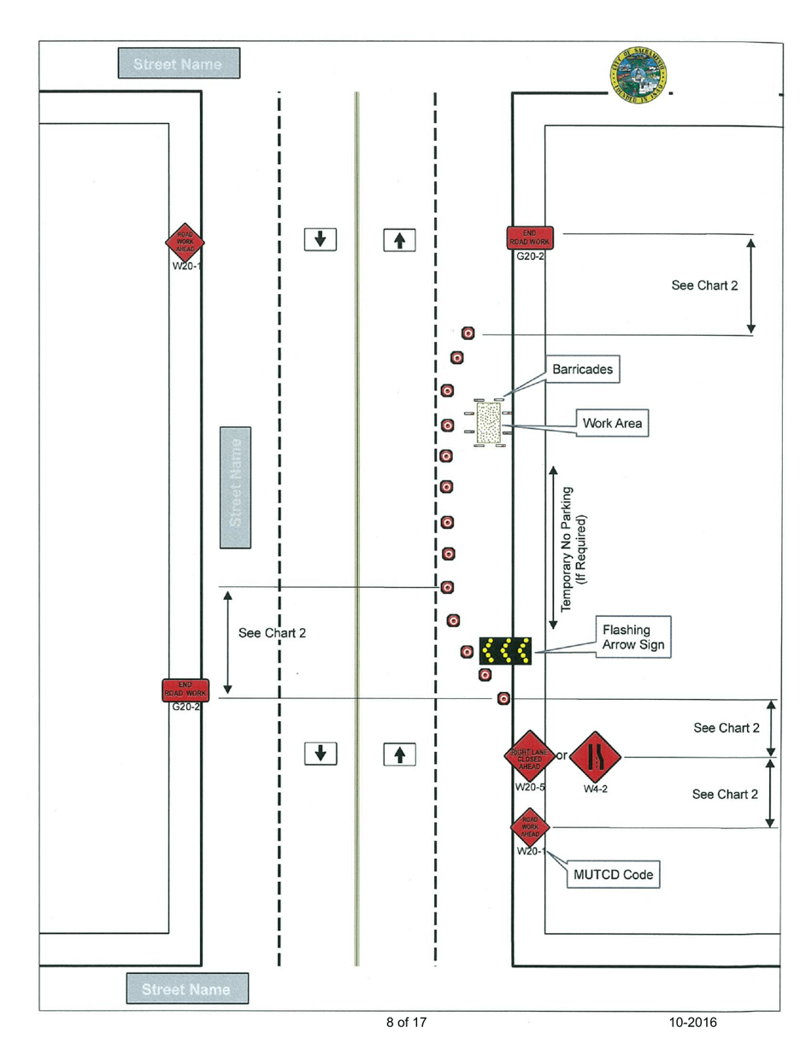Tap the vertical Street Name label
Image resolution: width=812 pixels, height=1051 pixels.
click(235, 487)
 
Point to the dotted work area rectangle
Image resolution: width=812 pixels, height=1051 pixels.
click(488, 423)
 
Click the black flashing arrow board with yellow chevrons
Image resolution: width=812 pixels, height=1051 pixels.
click(505, 651)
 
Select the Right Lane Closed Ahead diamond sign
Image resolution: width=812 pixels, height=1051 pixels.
click(530, 756)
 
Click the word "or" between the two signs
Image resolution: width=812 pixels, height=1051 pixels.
click(562, 755)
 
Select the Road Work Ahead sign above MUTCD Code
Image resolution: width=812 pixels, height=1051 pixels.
click(530, 826)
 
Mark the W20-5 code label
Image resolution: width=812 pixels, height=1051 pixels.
click(530, 787)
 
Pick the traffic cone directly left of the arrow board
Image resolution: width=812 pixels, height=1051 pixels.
click(467, 652)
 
